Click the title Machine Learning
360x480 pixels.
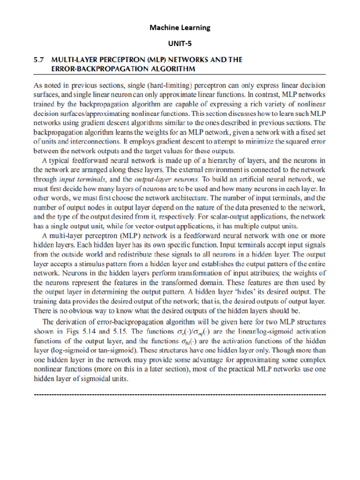180,28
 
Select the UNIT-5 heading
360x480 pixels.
180,43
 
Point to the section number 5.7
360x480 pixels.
39,60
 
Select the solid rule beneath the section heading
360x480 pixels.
180,75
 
